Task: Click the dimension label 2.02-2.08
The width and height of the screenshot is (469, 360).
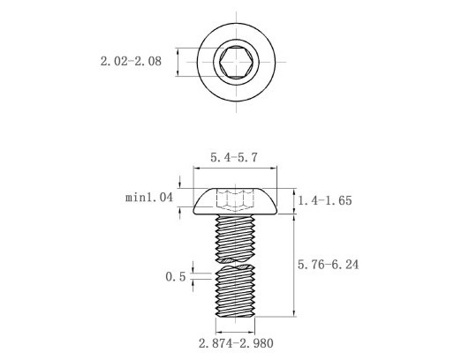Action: pos(130,62)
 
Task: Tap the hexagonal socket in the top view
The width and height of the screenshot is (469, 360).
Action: pos(235,62)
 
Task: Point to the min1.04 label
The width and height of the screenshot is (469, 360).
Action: pos(148,199)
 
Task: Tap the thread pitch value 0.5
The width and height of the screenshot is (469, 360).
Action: pos(175,276)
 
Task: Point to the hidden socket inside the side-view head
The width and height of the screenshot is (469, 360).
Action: pos(235,199)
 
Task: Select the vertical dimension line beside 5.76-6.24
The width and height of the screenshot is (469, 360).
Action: pos(294,265)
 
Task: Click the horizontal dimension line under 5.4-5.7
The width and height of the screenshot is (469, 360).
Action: pos(235,169)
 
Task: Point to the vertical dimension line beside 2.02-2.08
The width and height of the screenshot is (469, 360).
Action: pos(179,62)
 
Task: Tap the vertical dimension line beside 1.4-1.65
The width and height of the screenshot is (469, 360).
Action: pos(294,200)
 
